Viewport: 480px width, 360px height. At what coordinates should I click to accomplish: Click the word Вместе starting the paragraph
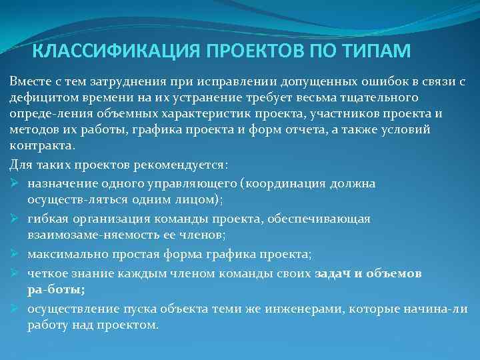click(28, 81)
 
